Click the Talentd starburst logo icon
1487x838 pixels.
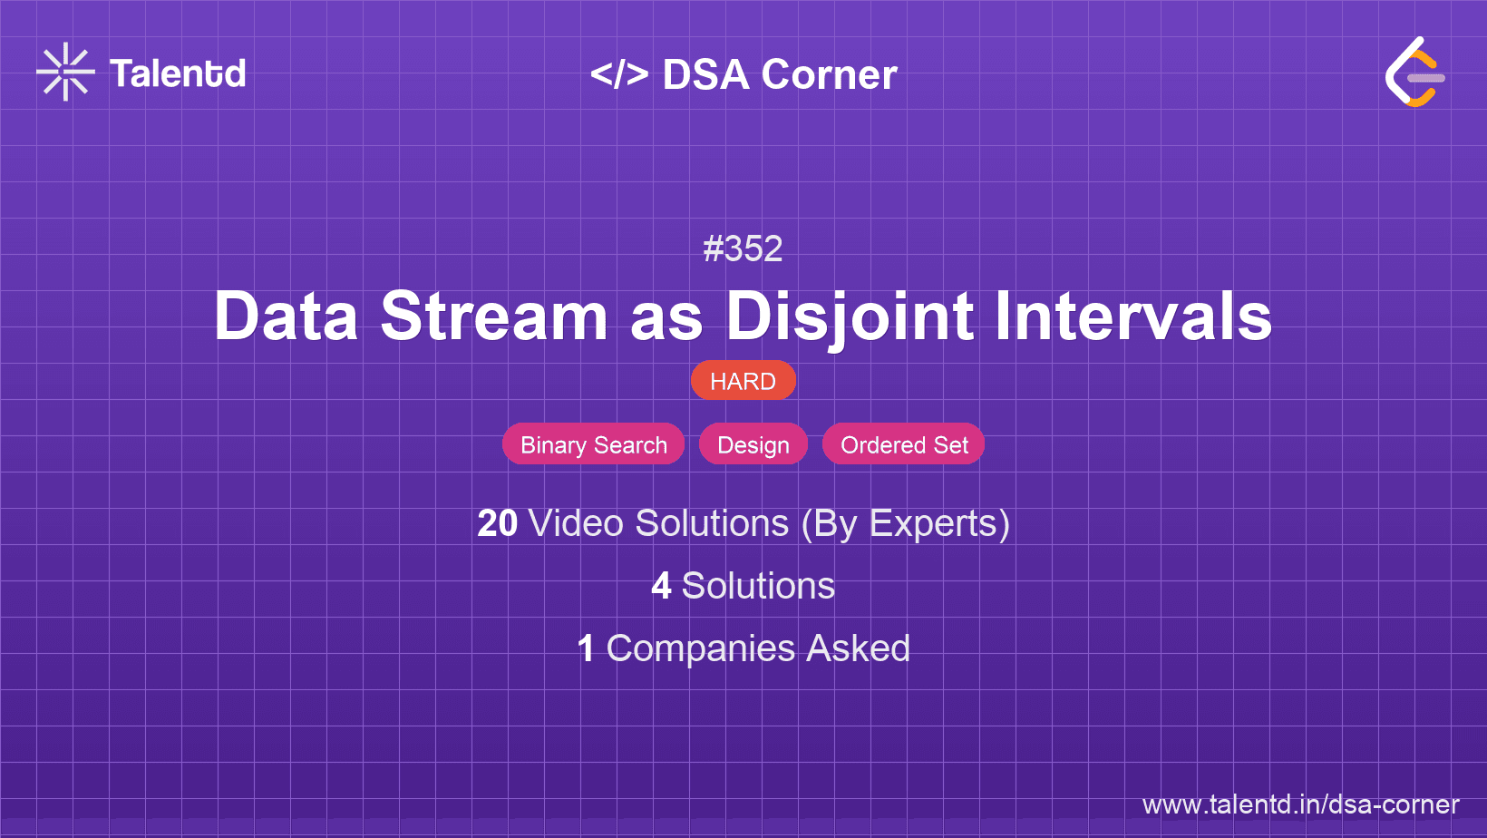tap(65, 72)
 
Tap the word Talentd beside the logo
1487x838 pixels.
tap(178, 73)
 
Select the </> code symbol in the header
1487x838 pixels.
tap(619, 74)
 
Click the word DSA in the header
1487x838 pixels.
tap(706, 74)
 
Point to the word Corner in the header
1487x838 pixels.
tap(829, 74)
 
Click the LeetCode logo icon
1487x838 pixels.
tap(1414, 72)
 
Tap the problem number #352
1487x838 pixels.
tap(743, 248)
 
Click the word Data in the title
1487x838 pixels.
tap(286, 317)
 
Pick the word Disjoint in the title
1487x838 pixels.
tap(850, 317)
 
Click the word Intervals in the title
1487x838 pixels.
tap(1133, 317)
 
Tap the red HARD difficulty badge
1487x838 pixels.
tap(743, 381)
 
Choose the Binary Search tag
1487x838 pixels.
tap(593, 444)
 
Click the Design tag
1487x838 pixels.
tap(753, 444)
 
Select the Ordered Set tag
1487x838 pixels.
tap(903, 444)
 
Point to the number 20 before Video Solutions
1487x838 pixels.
tap(497, 524)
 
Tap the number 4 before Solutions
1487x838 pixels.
tap(661, 586)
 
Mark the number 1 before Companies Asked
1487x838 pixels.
tap(586, 648)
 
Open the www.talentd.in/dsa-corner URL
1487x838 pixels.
tap(1300, 804)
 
